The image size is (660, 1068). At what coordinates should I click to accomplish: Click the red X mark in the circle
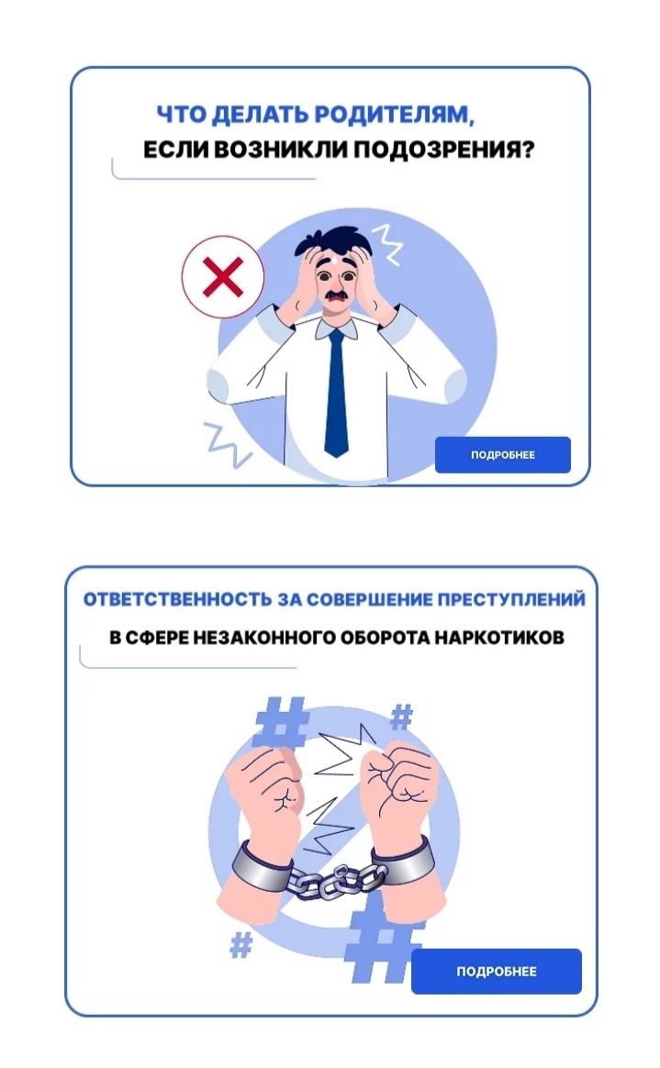point(223,276)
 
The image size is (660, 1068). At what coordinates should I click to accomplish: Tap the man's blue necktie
point(336,393)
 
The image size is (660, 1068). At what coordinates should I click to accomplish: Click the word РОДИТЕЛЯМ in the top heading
point(392,115)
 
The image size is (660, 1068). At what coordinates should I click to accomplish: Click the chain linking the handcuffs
point(330,881)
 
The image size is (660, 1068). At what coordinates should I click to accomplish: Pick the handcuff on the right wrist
point(403,860)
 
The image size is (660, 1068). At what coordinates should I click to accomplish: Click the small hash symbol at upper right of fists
point(401,718)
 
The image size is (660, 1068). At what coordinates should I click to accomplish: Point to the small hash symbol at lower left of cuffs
point(241,945)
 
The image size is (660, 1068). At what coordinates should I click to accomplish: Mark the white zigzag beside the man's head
point(387,245)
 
